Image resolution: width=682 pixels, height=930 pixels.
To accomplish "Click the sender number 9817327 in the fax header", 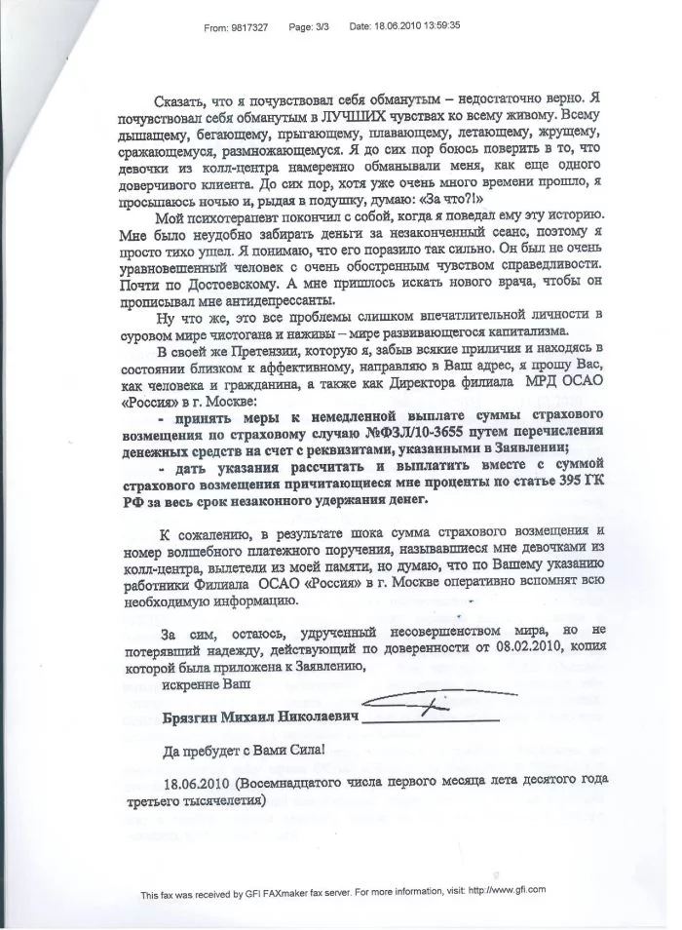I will [250, 28].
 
